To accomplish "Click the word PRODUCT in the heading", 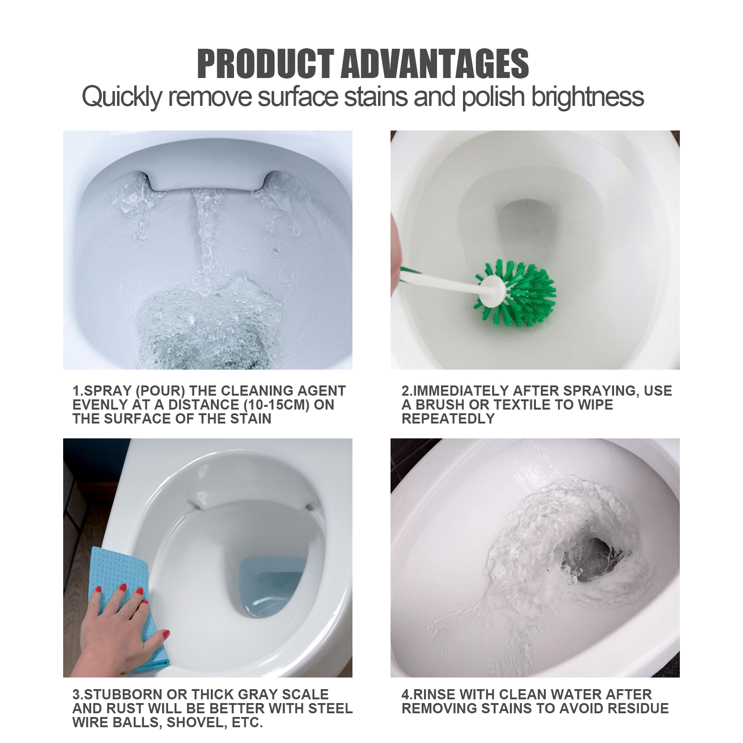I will coord(265,64).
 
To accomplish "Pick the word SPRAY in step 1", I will coord(106,391).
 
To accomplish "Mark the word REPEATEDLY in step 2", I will coord(448,419).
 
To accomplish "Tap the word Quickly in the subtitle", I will coord(122,97).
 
